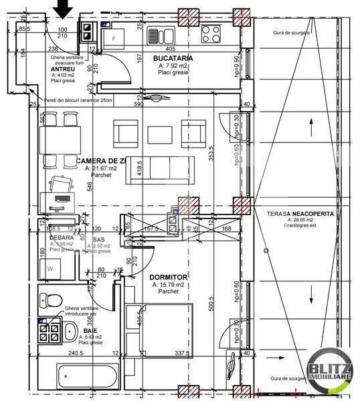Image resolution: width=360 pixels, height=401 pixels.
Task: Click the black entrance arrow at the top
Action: (x=64, y=8)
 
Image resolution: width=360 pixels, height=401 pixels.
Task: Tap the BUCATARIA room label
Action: (x=169, y=58)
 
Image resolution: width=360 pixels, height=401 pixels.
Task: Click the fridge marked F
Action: (x=114, y=37)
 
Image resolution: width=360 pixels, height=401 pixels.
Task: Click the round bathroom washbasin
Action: (x=70, y=330)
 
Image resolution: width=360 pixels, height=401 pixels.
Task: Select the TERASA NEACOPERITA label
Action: (x=299, y=213)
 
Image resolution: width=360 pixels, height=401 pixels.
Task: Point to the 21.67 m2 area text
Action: (x=100, y=169)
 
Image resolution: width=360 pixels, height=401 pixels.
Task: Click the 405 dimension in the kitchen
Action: (x=170, y=49)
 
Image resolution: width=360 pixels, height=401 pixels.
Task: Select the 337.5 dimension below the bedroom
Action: (x=183, y=354)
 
